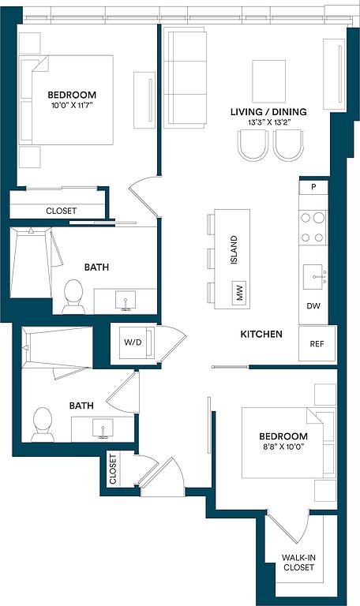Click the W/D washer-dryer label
coord(133,342)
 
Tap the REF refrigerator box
coord(317,343)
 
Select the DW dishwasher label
coord(313,306)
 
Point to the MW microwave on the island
coord(239,293)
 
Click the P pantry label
coord(313,188)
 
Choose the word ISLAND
coord(234,250)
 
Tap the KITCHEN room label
coord(261,334)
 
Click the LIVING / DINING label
coord(268,112)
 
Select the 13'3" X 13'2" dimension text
coord(269,122)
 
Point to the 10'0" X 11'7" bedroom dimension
coord(72,105)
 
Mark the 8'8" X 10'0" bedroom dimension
coord(283,447)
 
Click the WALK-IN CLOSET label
coord(298,563)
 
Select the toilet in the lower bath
coord(43,425)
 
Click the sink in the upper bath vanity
coord(126,301)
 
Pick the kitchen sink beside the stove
coord(313,277)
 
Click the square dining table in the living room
coord(269,81)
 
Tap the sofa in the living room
coord(185,77)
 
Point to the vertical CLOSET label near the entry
coord(113,469)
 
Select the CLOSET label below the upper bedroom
coord(61,211)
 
